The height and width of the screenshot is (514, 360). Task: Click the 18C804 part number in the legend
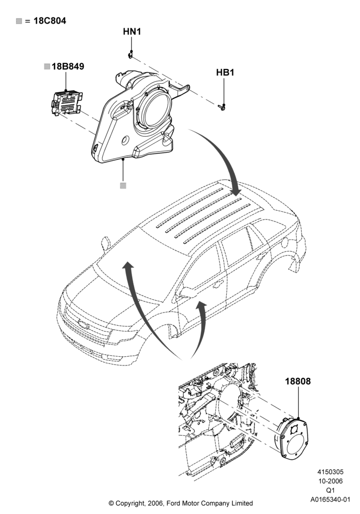pyautogui.click(x=49, y=21)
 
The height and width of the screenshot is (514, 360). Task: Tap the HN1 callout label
pyautogui.click(x=132, y=31)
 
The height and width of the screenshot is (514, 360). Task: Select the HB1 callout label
pyautogui.click(x=225, y=72)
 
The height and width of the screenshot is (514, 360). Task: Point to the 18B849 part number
pyautogui.click(x=68, y=66)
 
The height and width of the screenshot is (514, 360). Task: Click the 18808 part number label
pyautogui.click(x=298, y=381)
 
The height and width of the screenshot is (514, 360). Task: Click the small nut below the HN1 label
pyautogui.click(x=131, y=54)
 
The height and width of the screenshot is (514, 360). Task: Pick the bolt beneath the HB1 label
pyautogui.click(x=222, y=106)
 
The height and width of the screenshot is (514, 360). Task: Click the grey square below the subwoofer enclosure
pyautogui.click(x=123, y=186)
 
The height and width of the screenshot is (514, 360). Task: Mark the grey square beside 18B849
pyautogui.click(x=47, y=66)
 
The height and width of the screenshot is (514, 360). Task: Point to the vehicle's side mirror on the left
pyautogui.click(x=105, y=244)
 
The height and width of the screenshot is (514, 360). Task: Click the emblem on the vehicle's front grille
pyautogui.click(x=83, y=325)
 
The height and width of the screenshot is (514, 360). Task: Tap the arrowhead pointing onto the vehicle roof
pyautogui.click(x=236, y=191)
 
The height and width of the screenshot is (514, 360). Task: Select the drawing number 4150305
pyautogui.click(x=330, y=472)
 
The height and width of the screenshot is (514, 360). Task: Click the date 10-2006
pyautogui.click(x=330, y=481)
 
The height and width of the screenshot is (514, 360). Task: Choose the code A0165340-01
pyautogui.click(x=330, y=500)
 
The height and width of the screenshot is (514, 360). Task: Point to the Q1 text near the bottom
pyautogui.click(x=330, y=490)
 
